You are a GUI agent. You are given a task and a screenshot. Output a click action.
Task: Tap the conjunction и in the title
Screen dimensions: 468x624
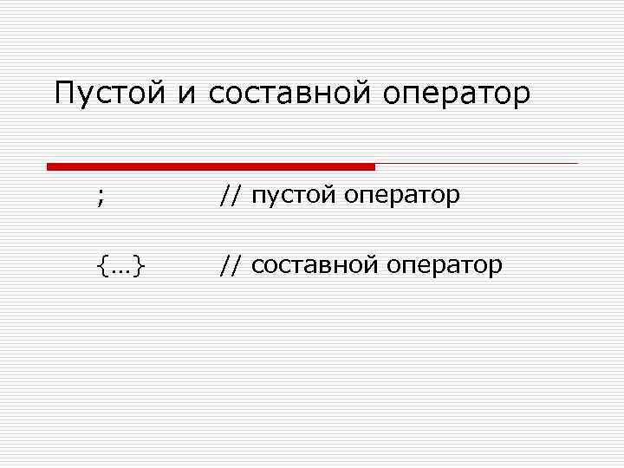coord(188,95)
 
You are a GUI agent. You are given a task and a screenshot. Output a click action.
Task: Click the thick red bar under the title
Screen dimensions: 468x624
coord(211,166)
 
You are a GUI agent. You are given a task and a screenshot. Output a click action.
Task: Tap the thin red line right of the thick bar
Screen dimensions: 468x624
coord(477,163)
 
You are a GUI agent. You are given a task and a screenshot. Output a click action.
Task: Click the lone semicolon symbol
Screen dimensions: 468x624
coord(101,198)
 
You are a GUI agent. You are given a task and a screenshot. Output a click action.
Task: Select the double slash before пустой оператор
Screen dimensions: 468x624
coord(231,196)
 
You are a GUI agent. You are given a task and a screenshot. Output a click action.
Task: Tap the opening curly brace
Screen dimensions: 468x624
coord(102,265)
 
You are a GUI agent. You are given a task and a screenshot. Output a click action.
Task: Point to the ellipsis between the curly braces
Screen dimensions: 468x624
coord(120,269)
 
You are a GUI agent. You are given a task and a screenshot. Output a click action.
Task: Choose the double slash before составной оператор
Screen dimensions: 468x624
coord(231,264)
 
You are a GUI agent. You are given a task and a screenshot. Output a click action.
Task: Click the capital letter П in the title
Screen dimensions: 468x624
coord(64,92)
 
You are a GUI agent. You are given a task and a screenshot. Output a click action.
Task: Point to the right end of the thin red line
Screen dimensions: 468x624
coord(575,163)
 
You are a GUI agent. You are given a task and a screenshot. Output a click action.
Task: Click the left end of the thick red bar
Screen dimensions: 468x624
coord(49,166)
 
